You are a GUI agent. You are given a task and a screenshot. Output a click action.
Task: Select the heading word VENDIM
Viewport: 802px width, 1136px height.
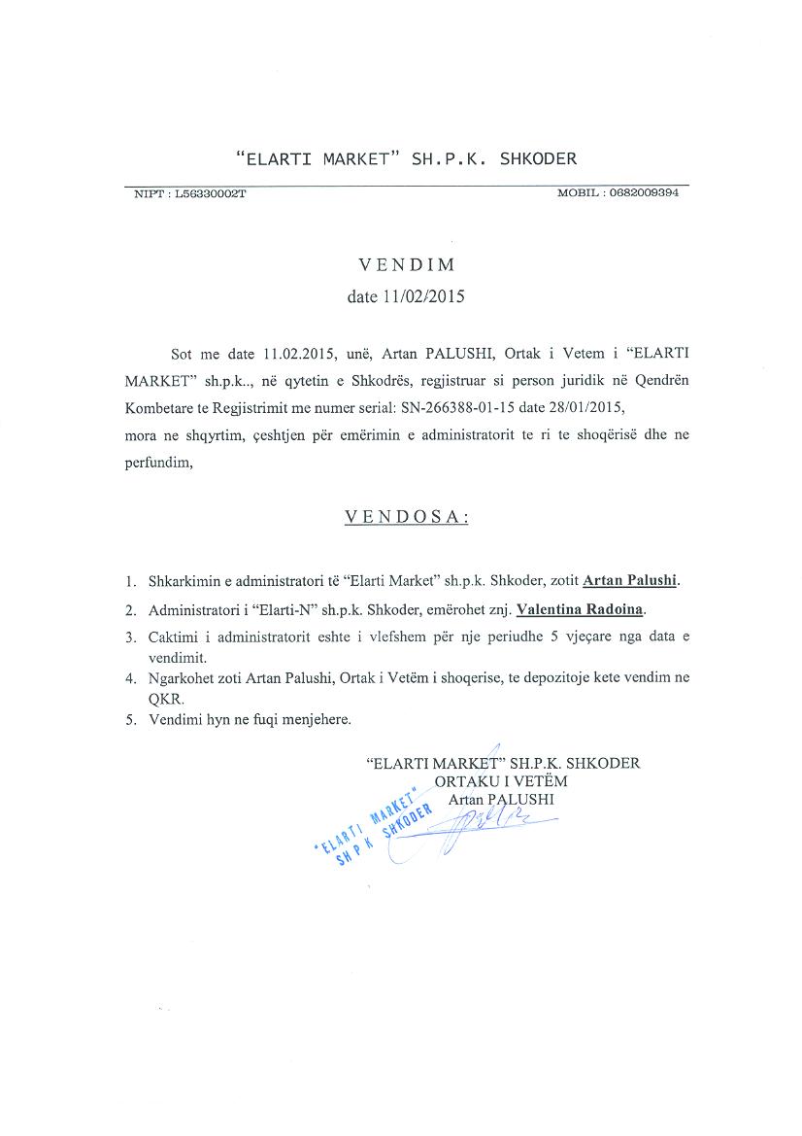tap(406, 264)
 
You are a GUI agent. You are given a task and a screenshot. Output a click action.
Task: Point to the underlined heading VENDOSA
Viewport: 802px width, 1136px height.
tap(407, 518)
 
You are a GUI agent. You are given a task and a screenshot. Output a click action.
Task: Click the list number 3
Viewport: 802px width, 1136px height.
tap(129, 638)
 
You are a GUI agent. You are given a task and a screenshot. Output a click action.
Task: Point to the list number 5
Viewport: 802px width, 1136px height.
tap(129, 721)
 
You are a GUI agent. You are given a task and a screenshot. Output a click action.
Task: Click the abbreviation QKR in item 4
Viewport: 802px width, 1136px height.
tap(164, 699)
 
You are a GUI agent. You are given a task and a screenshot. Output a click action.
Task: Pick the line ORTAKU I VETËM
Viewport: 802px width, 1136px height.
tap(502, 781)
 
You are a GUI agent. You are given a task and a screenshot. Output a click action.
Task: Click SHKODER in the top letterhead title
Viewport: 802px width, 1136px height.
tap(538, 158)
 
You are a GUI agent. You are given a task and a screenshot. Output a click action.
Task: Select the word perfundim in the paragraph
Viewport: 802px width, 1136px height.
tap(158, 463)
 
